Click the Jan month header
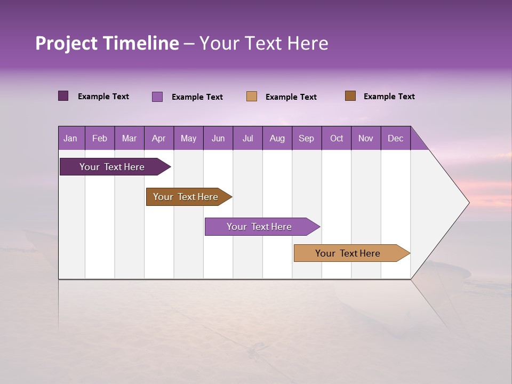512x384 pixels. coord(71,138)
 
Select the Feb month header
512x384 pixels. coord(100,138)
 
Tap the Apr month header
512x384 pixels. coord(159,138)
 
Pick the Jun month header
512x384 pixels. coord(218,138)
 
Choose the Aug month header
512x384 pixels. coord(277,138)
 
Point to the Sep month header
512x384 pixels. coord(307,138)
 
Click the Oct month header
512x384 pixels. coord(337,138)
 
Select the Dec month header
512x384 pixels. coord(396,138)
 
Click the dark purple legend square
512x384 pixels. coord(63,96)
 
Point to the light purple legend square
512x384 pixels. coord(157,97)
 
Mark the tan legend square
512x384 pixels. coord(252,97)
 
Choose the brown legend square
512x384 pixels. coord(350,96)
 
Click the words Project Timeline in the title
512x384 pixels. coord(107,43)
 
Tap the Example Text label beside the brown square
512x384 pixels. coord(389,97)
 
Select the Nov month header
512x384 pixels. coord(366,138)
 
